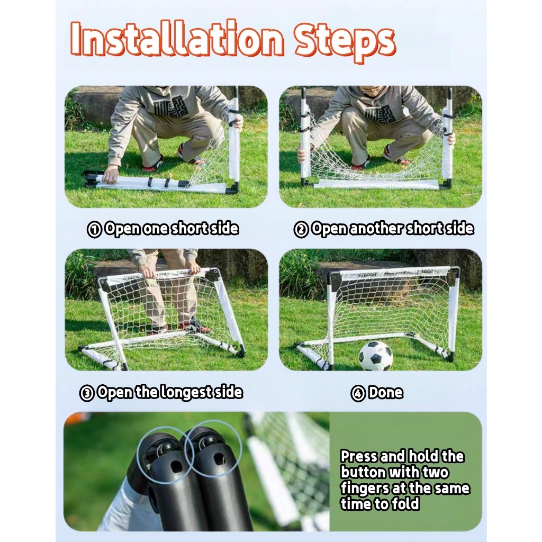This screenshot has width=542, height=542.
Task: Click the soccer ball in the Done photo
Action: pyautogui.click(x=376, y=356)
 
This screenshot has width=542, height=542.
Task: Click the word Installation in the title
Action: pyautogui.click(x=177, y=39)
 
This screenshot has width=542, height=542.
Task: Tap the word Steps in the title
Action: pyautogui.click(x=344, y=42)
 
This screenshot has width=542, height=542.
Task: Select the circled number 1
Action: pyautogui.click(x=94, y=230)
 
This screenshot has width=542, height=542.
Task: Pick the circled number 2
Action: pyautogui.click(x=301, y=230)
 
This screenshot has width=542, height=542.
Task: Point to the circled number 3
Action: pyautogui.click(x=87, y=393)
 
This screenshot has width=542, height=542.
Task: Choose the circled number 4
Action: pyautogui.click(x=358, y=393)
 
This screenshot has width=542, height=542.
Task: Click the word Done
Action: pyautogui.click(x=386, y=392)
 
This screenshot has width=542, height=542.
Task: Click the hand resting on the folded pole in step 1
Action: pyautogui.click(x=111, y=174)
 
